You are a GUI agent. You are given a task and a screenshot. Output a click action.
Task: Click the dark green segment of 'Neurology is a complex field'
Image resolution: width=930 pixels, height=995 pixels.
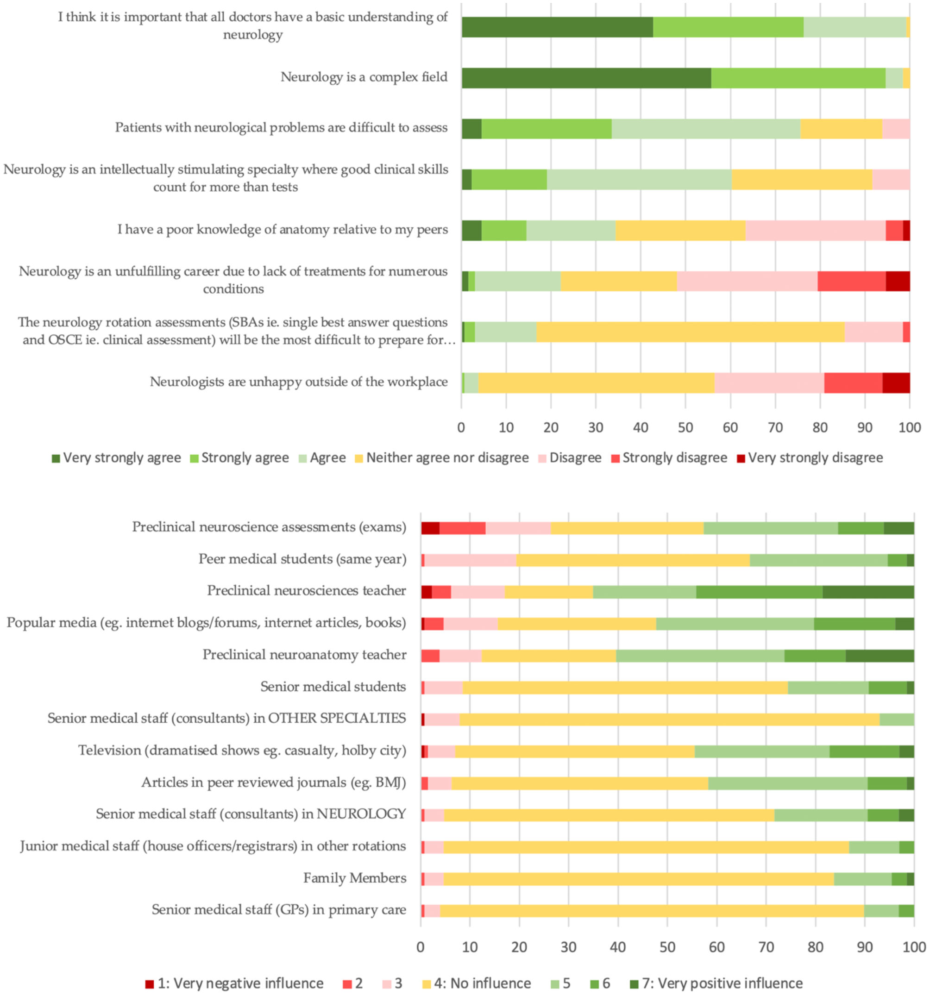pos(585,78)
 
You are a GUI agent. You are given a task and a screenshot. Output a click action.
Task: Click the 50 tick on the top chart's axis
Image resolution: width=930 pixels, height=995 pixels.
pos(685,427)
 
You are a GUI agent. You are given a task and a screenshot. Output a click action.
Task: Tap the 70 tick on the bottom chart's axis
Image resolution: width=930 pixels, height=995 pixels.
pos(767,947)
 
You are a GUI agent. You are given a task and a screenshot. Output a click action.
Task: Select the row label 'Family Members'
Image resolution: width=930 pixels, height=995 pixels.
pos(354,878)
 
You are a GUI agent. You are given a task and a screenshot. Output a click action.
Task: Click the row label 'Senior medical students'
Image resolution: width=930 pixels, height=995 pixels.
pos(333,687)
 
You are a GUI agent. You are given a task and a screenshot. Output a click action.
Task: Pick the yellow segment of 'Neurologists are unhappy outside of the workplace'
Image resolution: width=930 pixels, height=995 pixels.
pos(596,383)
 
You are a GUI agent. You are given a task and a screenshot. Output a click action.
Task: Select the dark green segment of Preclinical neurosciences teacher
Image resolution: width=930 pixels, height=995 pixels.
pos(868,591)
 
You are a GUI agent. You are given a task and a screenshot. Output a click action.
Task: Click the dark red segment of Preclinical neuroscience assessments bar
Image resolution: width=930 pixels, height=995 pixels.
pos(430,527)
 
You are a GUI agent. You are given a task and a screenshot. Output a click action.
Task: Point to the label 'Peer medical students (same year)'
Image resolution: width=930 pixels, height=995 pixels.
pos(302,559)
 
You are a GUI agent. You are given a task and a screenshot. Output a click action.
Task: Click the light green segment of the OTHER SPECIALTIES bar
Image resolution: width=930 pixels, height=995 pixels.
pos(897,719)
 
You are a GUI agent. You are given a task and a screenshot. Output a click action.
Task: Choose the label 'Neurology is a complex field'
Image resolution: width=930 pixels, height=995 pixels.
pos(364,77)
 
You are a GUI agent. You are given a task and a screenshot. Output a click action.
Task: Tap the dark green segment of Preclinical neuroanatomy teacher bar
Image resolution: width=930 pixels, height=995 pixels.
pos(880,655)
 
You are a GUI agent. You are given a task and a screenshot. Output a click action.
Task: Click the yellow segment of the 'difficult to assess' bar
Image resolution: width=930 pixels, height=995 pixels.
pos(841,129)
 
